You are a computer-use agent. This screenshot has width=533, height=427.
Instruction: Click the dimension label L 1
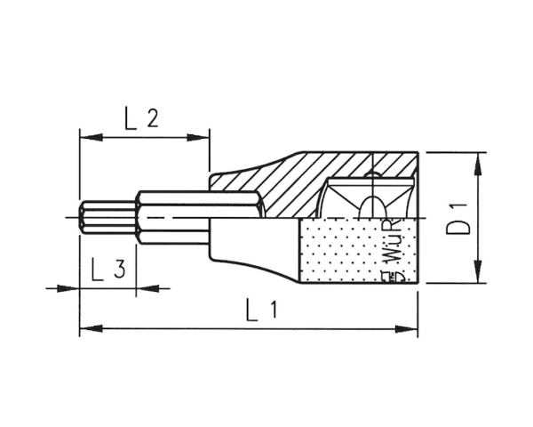(x=262, y=311)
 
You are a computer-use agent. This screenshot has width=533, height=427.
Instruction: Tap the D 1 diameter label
(x=458, y=218)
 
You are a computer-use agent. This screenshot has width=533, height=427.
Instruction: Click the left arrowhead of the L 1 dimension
(x=86, y=329)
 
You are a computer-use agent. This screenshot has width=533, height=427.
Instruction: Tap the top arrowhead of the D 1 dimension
(x=478, y=158)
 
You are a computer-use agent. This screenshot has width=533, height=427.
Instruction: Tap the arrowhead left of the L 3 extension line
(x=71, y=287)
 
